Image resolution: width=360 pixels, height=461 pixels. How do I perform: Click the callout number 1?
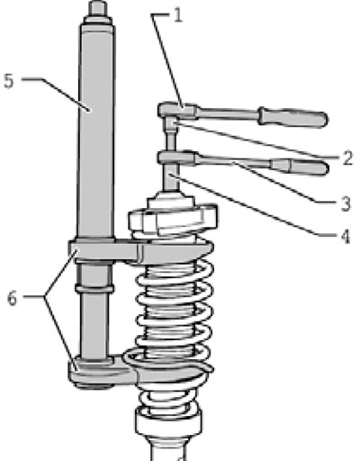pos(178,15)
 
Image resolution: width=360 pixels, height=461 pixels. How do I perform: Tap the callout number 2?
pos(347,158)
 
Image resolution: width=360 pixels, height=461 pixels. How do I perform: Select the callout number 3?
pos(346,204)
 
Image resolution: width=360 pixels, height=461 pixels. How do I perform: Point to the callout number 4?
pos(346,237)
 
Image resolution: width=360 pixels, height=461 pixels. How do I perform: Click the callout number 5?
pos(9,81)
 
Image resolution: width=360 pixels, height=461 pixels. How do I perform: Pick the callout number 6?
pos(12,298)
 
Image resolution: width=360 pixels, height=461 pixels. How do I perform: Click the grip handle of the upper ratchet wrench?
pos(292,117)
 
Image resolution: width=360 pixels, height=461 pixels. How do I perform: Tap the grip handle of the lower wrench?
pos(300,167)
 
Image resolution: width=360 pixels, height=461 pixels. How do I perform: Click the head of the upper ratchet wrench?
pos(177,111)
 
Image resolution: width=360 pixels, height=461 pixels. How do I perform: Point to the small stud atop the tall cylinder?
pos(98,8)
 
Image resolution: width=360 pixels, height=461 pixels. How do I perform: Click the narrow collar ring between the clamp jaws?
pos(94,289)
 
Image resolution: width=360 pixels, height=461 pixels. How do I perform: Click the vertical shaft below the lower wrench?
pos(171,177)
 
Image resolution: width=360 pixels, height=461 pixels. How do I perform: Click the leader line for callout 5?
pos(56,95)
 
